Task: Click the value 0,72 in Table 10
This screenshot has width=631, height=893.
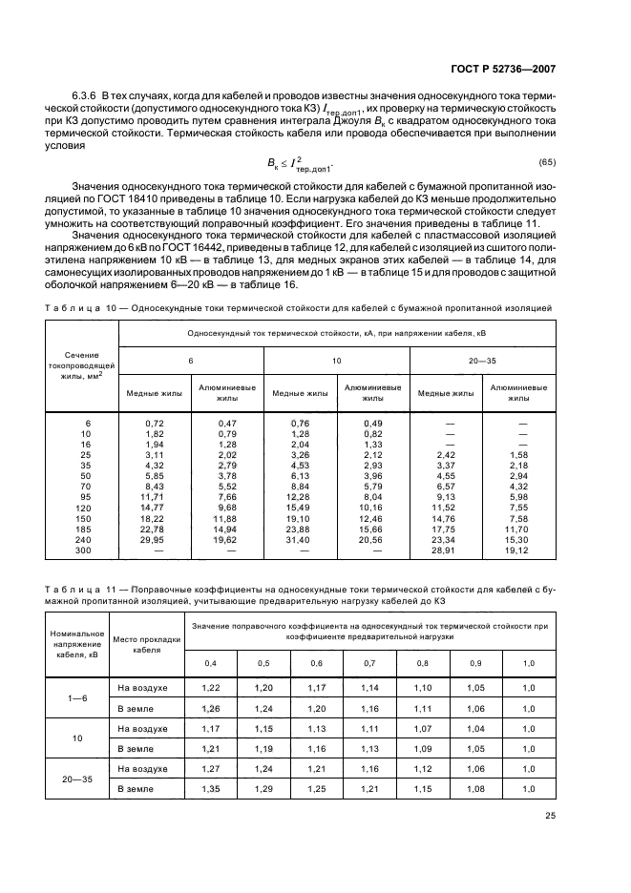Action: (156, 422)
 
